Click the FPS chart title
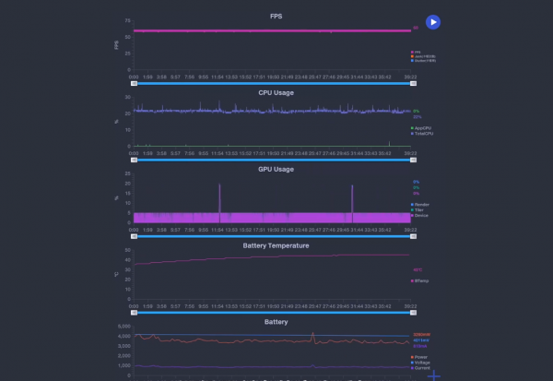tap(276, 16)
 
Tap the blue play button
tap(433, 22)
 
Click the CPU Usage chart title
tap(276, 92)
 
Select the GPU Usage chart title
tap(276, 169)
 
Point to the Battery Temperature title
tap(276, 245)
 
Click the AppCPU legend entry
tap(423, 127)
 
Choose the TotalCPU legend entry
tap(423, 134)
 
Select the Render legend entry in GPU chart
tap(421, 204)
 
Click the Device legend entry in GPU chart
tap(421, 215)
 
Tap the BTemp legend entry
tap(422, 280)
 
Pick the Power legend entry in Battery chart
tap(421, 357)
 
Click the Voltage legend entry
tap(422, 363)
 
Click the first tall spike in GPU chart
tap(219, 185)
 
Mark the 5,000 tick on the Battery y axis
tap(124, 327)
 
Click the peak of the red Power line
tap(313, 333)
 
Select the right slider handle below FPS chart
tap(411, 83)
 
